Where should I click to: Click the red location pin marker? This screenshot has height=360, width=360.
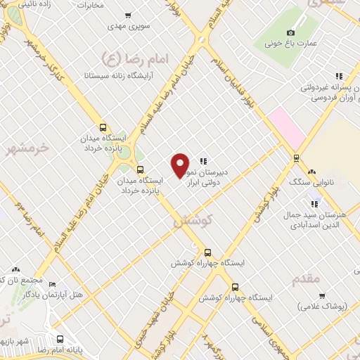pos(181,165)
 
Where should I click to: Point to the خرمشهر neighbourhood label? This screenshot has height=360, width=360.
pos(28,148)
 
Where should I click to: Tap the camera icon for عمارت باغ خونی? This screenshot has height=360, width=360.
pos(291,32)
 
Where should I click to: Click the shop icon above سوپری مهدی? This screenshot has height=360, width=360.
pos(127,15)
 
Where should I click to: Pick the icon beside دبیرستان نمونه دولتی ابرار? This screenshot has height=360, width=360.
pos(203,160)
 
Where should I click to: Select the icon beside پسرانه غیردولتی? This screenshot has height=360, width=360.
pos(339,76)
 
